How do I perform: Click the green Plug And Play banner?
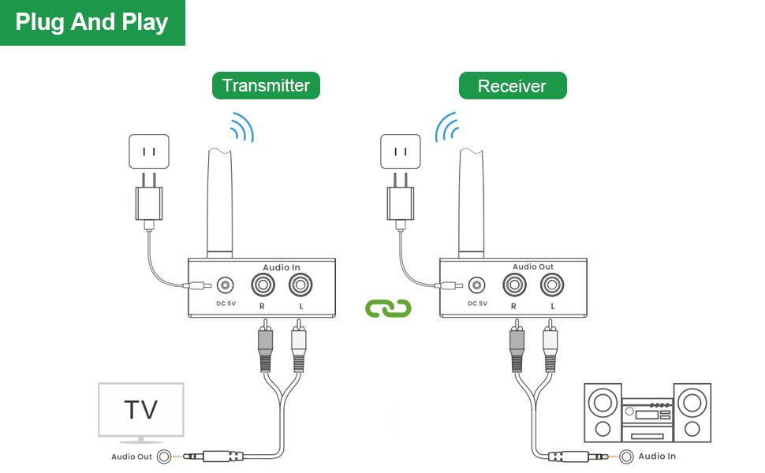(92, 22)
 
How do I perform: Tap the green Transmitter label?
(266, 85)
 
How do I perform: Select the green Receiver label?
(513, 86)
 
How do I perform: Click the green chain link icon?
(389, 308)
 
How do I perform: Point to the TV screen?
(141, 409)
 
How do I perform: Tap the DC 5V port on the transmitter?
(226, 285)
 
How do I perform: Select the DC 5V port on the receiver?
(476, 285)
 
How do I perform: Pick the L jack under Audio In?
(300, 285)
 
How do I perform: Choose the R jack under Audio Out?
(513, 285)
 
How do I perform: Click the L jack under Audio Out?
(551, 285)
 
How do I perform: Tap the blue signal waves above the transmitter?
(242, 127)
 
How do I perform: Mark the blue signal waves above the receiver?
(446, 127)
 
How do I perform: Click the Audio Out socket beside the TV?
(164, 456)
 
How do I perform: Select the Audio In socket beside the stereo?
(627, 456)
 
